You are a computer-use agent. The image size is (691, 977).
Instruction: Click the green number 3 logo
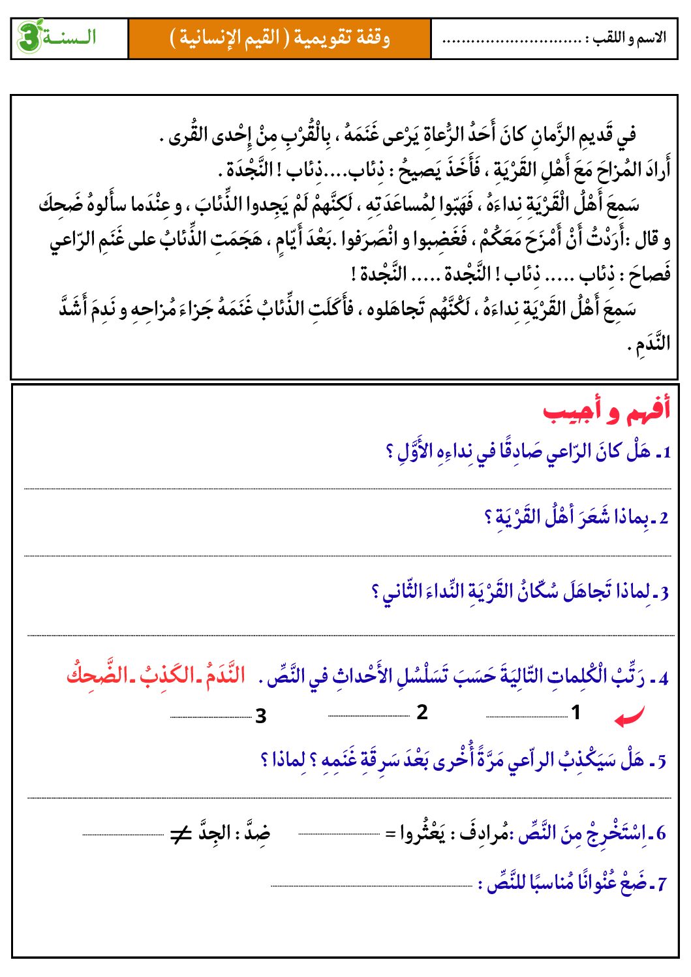click(29, 37)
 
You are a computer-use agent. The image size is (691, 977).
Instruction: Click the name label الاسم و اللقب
click(626, 39)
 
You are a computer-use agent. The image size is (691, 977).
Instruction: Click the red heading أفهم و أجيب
click(606, 412)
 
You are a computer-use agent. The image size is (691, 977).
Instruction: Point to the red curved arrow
click(629, 717)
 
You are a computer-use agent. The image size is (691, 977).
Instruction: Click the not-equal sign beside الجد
click(180, 834)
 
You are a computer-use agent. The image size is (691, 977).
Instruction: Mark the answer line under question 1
click(347, 488)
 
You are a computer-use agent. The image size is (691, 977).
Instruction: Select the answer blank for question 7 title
click(371, 886)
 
